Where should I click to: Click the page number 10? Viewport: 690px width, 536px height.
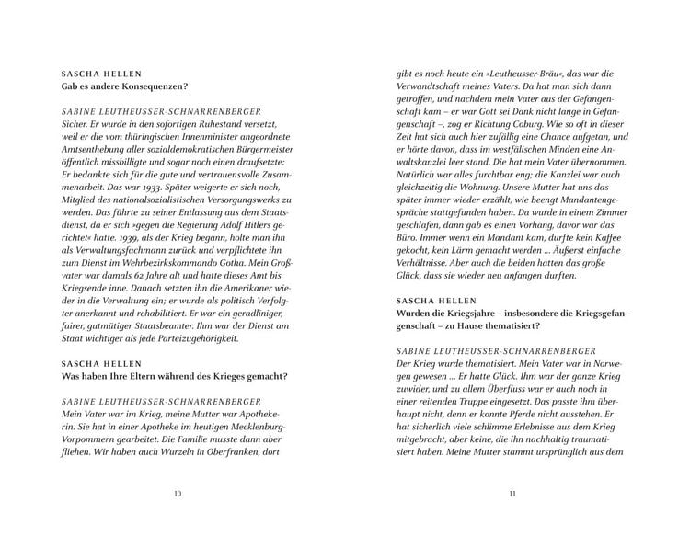point(178,494)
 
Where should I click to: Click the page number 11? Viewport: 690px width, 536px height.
point(512,494)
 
